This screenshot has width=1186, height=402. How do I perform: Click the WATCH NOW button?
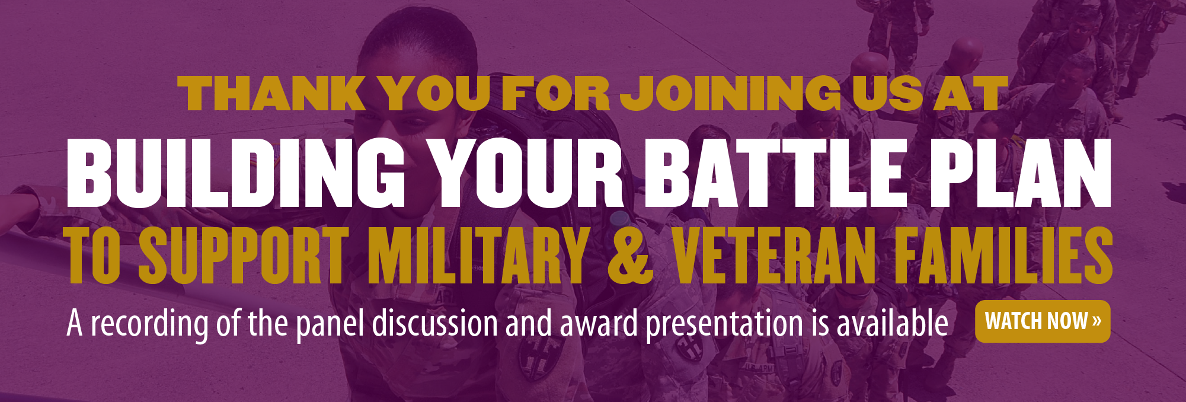tap(1043, 321)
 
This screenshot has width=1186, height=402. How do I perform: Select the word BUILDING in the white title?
tap(236, 173)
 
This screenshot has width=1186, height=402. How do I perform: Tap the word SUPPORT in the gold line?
tap(244, 255)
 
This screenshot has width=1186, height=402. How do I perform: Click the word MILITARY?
tap(478, 255)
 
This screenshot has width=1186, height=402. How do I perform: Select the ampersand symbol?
tap(631, 255)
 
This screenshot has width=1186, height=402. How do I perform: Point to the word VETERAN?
tap(774, 255)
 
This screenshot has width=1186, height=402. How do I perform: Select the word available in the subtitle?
tap(892, 323)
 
